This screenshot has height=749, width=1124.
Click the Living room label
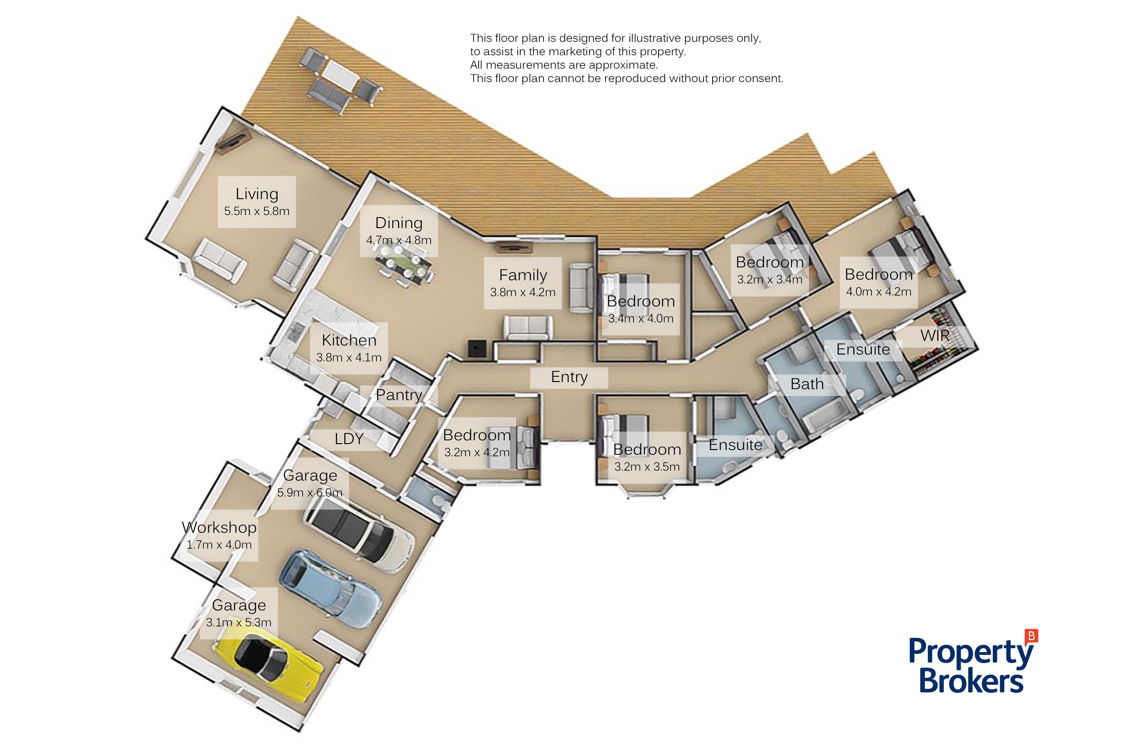pos(257,202)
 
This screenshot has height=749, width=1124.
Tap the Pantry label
pos(399,395)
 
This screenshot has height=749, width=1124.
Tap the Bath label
pos(807,384)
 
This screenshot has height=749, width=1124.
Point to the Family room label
pos(523,283)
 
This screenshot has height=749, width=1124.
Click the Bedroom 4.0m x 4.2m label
pos(878,282)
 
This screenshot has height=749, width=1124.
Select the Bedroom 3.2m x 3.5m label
pos(647,458)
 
